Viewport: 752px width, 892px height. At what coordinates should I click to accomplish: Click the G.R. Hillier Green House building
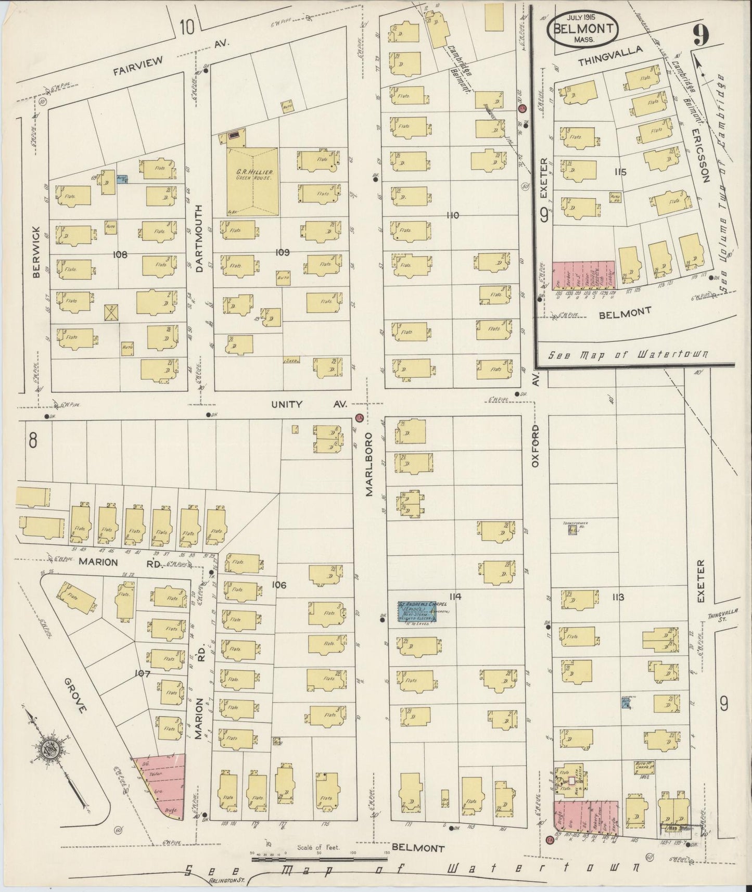(x=252, y=181)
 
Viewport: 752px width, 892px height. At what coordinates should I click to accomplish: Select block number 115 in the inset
(x=619, y=172)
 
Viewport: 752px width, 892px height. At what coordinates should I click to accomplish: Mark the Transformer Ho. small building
(x=572, y=530)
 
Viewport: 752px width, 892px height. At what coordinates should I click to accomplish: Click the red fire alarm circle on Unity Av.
(x=359, y=418)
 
